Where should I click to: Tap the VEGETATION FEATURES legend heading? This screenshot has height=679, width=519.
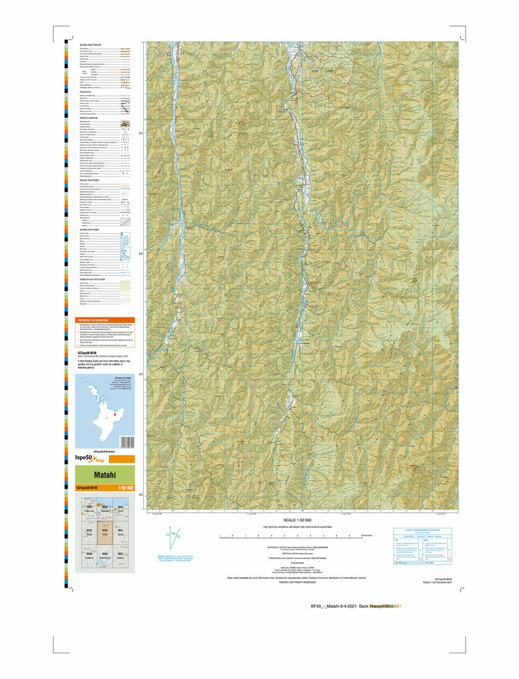[x=91, y=279]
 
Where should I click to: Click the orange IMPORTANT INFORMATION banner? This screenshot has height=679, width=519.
[x=105, y=319]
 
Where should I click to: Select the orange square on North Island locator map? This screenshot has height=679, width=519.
[x=114, y=415]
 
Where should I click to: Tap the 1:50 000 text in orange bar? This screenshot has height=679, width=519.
[x=125, y=488]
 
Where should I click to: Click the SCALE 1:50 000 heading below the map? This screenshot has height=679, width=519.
[x=301, y=520]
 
